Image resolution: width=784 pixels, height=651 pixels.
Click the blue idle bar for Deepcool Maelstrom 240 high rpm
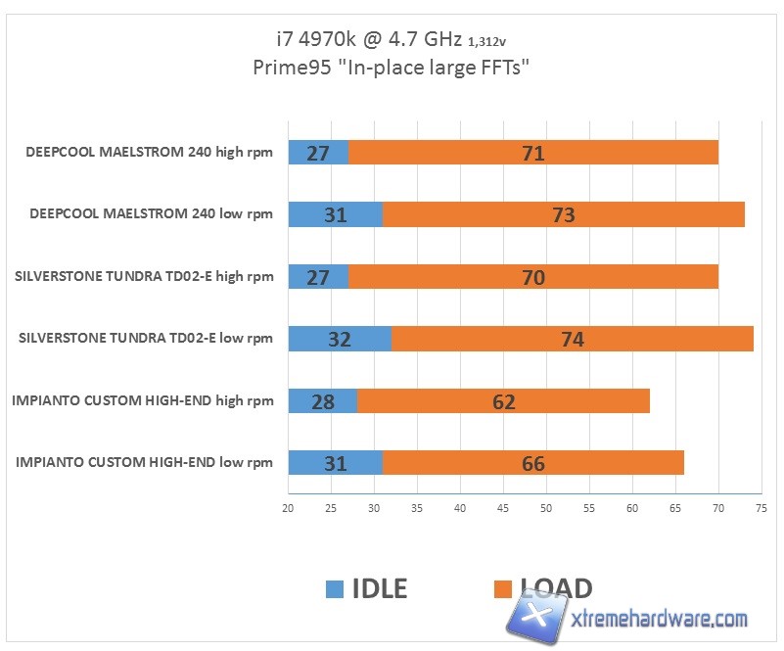318,153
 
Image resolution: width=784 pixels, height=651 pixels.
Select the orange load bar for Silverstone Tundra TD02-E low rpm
573,339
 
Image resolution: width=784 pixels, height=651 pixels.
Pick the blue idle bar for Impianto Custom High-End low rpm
336,462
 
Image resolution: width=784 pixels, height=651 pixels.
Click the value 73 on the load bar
564,214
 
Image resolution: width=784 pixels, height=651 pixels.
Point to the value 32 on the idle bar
340,339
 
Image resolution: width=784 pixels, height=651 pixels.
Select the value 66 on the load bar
533,463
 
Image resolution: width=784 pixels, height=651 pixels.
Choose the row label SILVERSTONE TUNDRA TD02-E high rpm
145,276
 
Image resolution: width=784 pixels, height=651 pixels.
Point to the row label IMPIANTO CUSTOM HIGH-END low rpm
145,462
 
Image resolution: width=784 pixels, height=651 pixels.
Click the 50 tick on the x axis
546,508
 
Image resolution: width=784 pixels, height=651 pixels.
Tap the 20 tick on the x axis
288,508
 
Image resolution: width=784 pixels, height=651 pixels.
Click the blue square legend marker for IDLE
335,588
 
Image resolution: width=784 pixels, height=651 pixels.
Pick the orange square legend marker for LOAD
504,588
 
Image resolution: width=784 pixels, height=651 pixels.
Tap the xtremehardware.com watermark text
659,619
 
